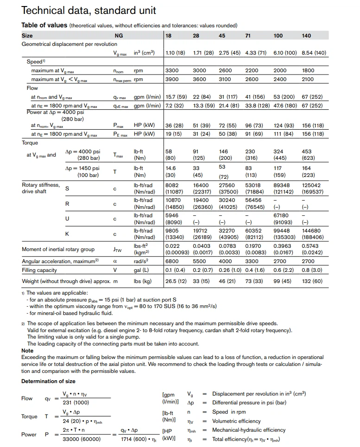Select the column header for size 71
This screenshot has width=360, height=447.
coord(248,36)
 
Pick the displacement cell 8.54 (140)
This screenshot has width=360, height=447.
coord(314,53)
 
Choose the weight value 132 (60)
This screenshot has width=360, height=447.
coord(312,281)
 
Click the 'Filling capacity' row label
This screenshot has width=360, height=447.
coord(39,270)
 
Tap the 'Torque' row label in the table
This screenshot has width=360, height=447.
coord(30,143)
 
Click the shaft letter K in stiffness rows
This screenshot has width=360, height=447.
coord(67,234)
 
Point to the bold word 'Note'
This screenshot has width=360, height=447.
coord(27,351)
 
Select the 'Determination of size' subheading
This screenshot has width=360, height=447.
coord(48,381)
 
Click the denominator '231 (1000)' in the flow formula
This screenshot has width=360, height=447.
coord(76,403)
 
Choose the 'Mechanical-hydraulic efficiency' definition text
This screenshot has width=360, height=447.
coord(249,430)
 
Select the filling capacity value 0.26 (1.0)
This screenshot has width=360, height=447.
coord(230,270)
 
